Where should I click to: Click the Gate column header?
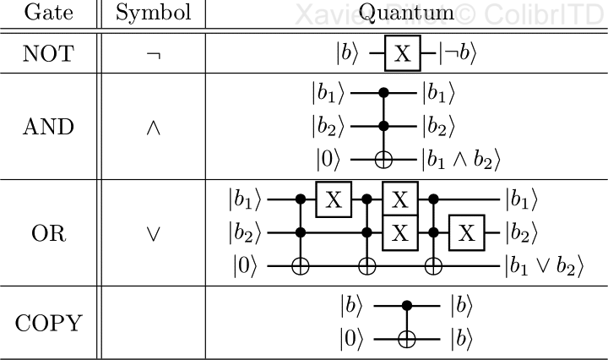(47, 14)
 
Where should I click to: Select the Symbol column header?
(153, 14)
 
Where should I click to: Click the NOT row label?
(47, 54)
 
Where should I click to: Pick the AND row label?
(47, 128)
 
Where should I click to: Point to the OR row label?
(47, 233)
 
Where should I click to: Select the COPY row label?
(47, 322)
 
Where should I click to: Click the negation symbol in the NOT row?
(153, 55)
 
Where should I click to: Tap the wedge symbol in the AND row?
(153, 128)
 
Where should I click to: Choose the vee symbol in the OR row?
(153, 234)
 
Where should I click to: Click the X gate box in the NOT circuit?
(403, 55)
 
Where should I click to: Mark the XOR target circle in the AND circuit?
(386, 158)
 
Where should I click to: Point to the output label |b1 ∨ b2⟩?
(544, 265)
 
